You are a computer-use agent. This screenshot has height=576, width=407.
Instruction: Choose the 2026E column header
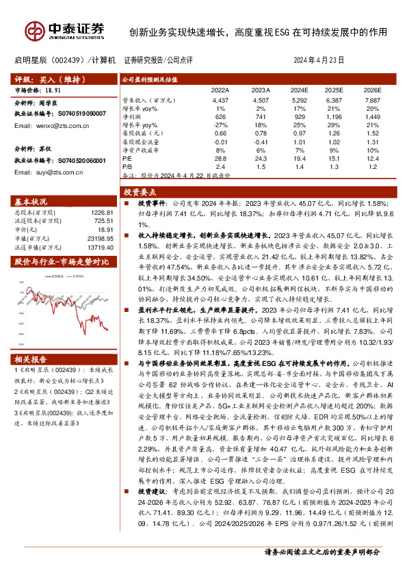point(371,90)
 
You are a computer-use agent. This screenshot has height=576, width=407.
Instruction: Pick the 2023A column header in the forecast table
point(261,90)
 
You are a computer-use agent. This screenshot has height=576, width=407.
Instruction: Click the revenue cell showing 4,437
point(220,100)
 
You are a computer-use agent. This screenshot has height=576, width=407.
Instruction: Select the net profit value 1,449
point(371,117)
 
